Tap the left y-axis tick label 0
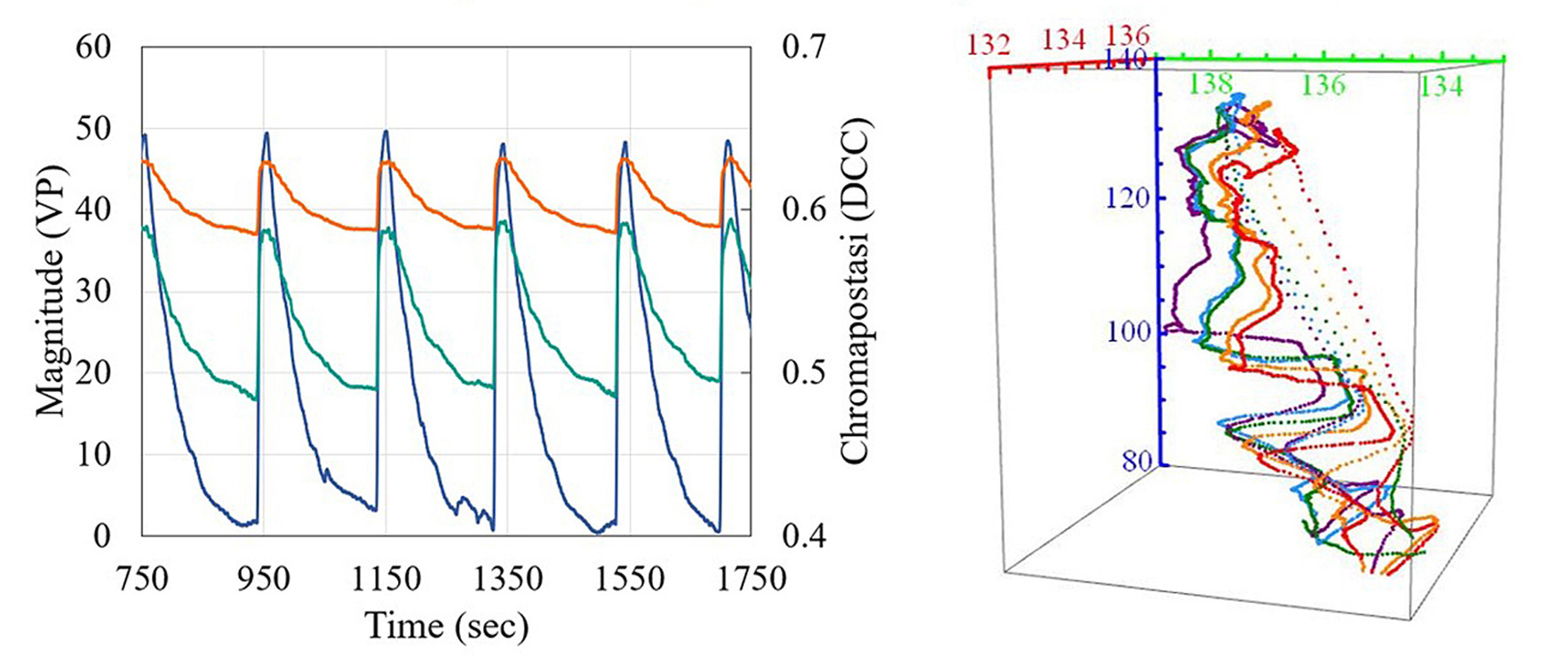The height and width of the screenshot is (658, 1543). (101, 536)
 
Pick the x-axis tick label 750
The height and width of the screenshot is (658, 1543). (142, 579)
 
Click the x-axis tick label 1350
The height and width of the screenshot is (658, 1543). (507, 579)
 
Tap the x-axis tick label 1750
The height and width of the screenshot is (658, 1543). (751, 579)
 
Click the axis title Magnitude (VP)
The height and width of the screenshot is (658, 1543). (51, 291)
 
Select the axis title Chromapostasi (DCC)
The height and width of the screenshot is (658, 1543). (856, 291)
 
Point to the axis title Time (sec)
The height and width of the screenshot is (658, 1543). (447, 626)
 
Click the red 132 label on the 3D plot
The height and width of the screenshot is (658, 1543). (989, 44)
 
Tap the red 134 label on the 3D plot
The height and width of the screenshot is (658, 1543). (1063, 39)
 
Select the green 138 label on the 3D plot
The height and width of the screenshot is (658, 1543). (1212, 83)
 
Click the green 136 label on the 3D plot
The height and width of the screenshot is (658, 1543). (1324, 85)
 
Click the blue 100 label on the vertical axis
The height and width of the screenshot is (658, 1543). (1128, 332)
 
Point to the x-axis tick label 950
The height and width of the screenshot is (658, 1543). (264, 579)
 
